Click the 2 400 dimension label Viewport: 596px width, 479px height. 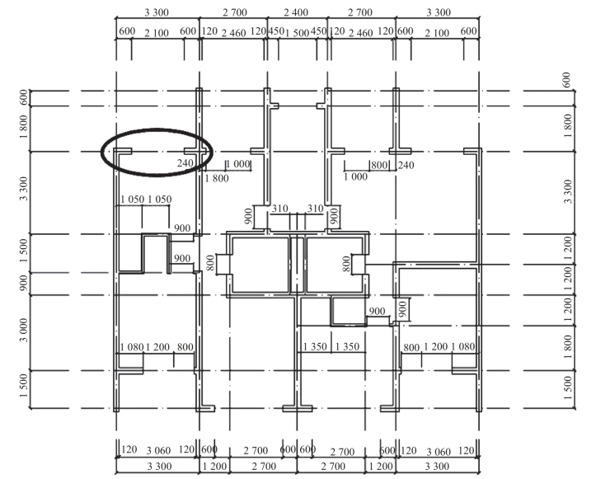[296, 12]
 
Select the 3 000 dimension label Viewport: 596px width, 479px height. [24, 330]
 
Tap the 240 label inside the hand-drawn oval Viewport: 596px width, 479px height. [185, 163]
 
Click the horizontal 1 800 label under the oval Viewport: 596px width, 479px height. [217, 178]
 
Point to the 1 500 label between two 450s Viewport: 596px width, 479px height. [297, 33]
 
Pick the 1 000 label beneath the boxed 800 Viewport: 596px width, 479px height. [355, 176]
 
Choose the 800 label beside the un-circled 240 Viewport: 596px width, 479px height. [379, 165]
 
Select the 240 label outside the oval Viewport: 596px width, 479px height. [406, 165]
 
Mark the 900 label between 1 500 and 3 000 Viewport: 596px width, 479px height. [24, 283]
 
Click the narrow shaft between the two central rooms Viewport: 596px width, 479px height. [298, 265]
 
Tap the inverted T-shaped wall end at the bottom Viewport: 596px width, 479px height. [298, 408]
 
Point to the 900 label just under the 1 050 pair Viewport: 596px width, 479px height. [182, 228]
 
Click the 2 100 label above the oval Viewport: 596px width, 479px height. [157, 33]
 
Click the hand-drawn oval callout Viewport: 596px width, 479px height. [157, 129]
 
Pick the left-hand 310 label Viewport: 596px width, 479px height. [279, 209]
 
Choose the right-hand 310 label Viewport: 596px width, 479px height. [315, 209]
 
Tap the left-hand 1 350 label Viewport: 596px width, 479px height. [315, 346]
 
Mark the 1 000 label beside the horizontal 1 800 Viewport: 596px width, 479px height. [238, 164]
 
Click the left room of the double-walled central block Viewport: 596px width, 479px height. [260, 265]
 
